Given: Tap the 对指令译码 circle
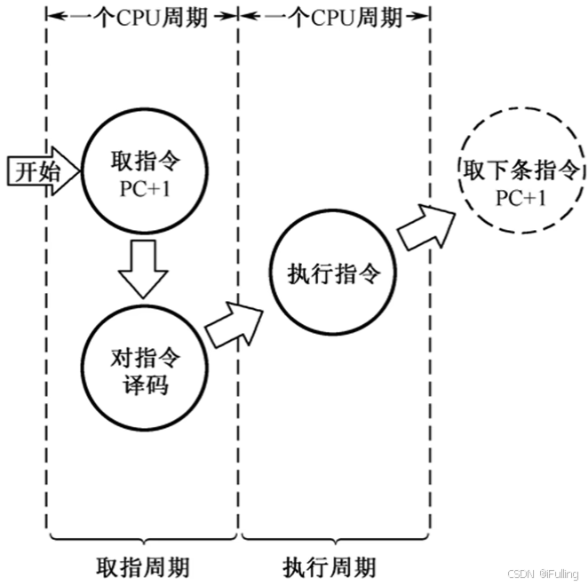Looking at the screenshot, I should tap(144, 371).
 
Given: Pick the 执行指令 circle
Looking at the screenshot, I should tap(333, 274).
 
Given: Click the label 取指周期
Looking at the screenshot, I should tap(143, 566).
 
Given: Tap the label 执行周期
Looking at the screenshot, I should tap(330, 566).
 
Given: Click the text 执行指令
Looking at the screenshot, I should tap(333, 274).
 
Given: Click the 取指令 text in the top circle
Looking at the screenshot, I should tap(144, 160).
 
